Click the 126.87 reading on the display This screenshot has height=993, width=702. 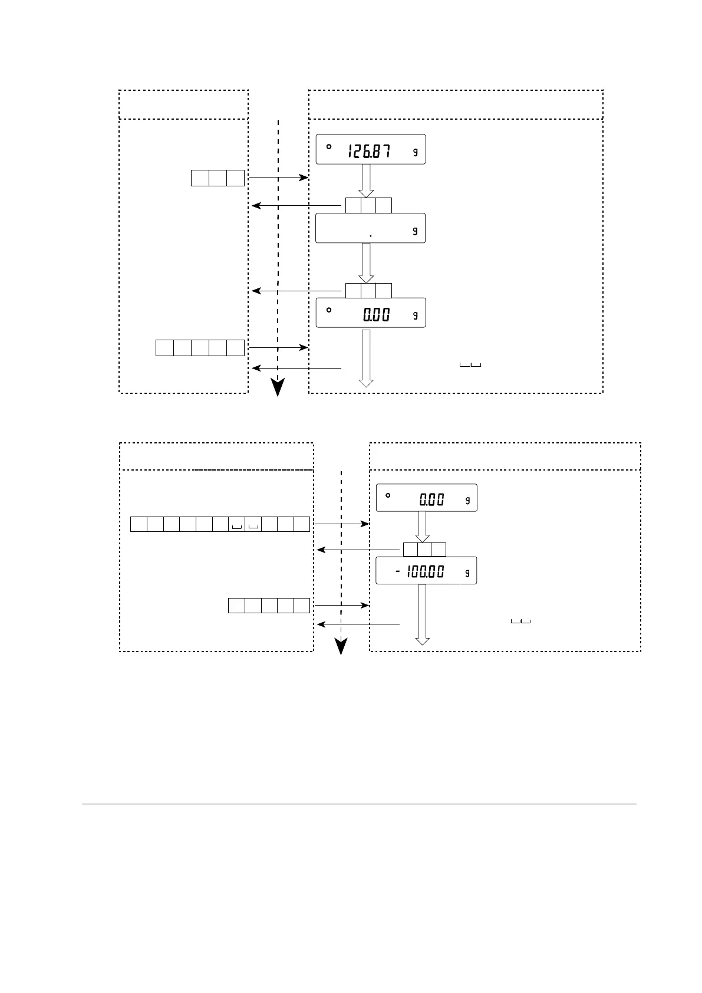(x=368, y=152)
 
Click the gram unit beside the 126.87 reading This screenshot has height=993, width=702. (x=415, y=152)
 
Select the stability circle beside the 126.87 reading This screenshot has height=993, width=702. (x=329, y=146)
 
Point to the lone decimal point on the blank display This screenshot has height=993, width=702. (x=370, y=235)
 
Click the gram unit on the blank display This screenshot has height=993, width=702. (x=415, y=231)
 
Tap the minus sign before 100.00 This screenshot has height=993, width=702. (x=398, y=571)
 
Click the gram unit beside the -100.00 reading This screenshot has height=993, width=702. (x=467, y=573)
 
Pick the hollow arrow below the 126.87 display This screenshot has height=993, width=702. (x=366, y=181)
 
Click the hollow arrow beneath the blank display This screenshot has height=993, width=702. (x=366, y=263)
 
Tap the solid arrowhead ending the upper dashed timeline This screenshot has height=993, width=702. (x=277, y=387)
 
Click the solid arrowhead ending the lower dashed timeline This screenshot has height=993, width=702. (x=341, y=647)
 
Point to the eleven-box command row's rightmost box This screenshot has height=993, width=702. (x=301, y=524)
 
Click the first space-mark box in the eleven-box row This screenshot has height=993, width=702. (x=236, y=524)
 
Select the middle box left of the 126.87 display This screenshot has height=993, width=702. (x=217, y=178)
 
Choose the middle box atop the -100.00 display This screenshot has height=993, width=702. (x=424, y=550)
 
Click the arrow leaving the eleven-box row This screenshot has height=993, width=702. (x=341, y=524)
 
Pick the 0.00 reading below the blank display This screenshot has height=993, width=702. (x=376, y=315)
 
